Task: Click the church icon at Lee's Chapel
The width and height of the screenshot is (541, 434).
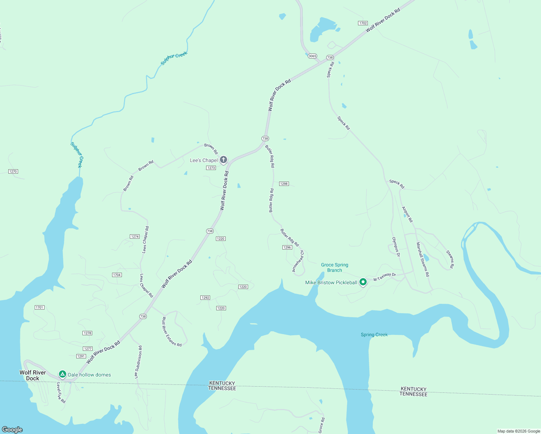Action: pyautogui.click(x=223, y=159)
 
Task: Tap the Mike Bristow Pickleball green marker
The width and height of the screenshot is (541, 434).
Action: pyautogui.click(x=363, y=282)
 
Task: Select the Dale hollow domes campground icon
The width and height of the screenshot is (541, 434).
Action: pyautogui.click(x=63, y=374)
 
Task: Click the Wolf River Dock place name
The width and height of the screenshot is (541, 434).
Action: pyautogui.click(x=33, y=375)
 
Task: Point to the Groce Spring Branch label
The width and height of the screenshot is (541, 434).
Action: pyautogui.click(x=335, y=268)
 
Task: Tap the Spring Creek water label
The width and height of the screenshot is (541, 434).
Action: pyautogui.click(x=374, y=335)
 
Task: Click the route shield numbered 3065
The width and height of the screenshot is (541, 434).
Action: pyautogui.click(x=312, y=56)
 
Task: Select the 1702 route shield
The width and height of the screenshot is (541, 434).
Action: pyautogui.click(x=363, y=23)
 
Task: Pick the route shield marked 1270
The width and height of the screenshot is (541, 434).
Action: pyautogui.click(x=13, y=171)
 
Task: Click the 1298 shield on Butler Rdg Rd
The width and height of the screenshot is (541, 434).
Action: pyautogui.click(x=284, y=184)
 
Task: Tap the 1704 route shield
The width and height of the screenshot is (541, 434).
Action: pyautogui.click(x=116, y=275)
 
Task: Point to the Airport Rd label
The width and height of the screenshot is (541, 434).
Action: pyautogui.click(x=407, y=214)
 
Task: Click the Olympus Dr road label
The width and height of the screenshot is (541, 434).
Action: pyautogui.click(x=396, y=247)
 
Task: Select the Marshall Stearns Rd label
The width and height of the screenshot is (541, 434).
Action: pyautogui.click(x=422, y=259)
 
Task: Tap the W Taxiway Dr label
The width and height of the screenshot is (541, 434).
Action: pyautogui.click(x=384, y=277)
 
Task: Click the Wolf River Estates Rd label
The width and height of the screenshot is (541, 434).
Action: pyautogui.click(x=171, y=332)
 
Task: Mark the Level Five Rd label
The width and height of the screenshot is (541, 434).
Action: pyautogui.click(x=60, y=393)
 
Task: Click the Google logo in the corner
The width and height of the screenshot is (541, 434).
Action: pyautogui.click(x=12, y=429)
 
